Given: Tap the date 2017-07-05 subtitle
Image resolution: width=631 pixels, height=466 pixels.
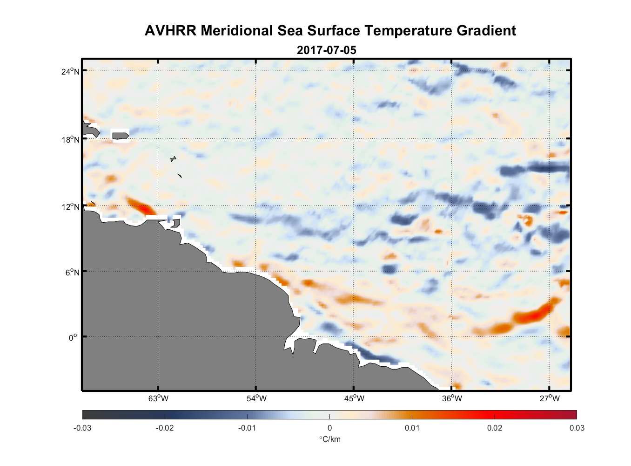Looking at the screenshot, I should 326,50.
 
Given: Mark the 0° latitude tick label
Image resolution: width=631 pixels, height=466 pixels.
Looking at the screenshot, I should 73,337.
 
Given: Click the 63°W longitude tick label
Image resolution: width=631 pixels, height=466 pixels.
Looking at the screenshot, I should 158,398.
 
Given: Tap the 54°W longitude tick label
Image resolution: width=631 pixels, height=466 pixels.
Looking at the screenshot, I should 256,398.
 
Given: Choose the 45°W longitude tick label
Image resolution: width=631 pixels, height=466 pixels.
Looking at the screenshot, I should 354,398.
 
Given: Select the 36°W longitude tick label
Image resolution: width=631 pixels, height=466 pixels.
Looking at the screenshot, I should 452,398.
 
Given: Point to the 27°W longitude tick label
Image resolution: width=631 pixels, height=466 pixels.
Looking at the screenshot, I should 550,398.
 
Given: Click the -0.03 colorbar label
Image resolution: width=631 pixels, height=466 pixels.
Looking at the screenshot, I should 82,428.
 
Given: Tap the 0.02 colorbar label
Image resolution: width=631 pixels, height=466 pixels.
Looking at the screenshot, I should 494,428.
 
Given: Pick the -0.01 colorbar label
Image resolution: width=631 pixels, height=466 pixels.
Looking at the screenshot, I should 247,428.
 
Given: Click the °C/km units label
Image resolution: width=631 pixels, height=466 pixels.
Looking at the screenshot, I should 329,439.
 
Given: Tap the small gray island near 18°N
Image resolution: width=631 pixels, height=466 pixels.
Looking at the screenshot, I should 120,136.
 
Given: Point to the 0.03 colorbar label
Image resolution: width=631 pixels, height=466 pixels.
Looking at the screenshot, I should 577,428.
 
